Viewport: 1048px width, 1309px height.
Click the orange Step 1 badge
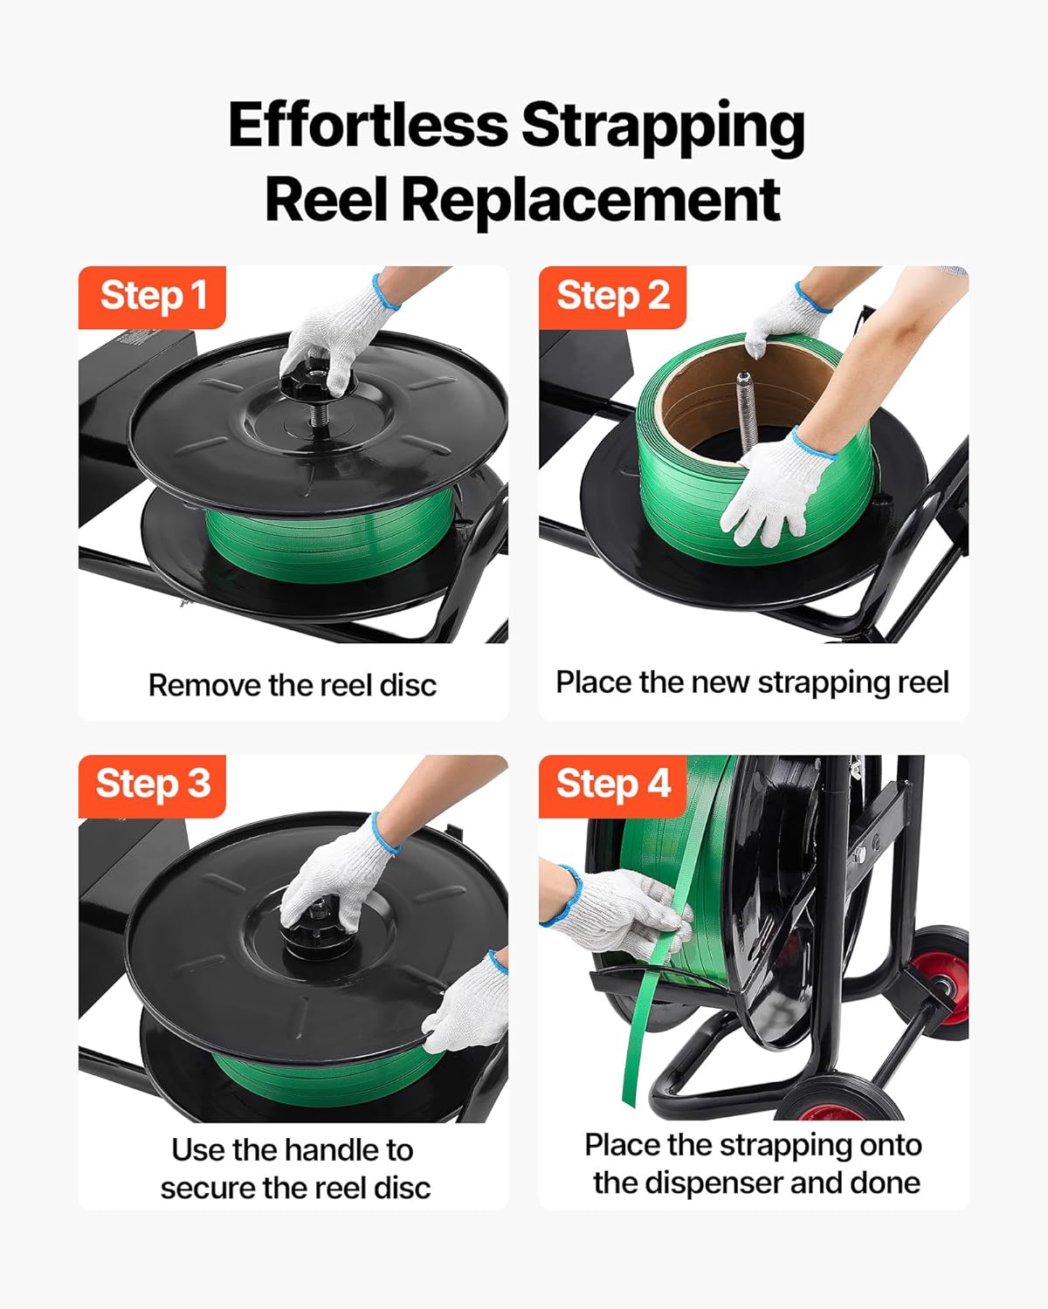pos(152,297)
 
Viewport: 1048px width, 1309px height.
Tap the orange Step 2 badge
pos(612,297)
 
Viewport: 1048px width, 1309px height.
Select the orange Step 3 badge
pos(152,785)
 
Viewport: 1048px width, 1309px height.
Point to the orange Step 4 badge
pos(612,785)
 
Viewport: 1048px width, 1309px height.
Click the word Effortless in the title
pos(367,125)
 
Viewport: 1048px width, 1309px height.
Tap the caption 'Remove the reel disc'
pos(293,686)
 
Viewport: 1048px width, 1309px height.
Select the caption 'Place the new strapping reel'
pos(752,682)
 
